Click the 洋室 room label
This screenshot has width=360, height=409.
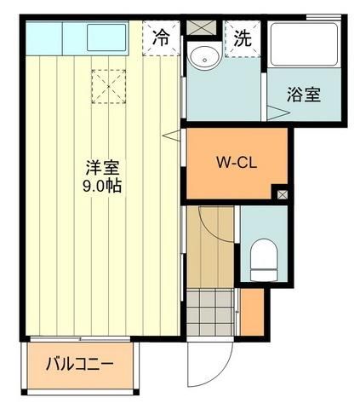pos(101,168)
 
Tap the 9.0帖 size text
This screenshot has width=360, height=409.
pos(101,186)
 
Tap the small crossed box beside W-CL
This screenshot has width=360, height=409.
pos(283,194)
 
